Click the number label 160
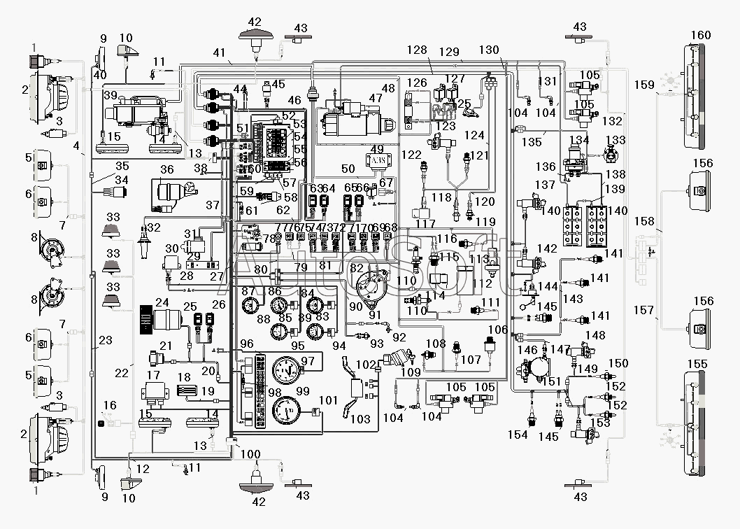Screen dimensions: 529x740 coord(700,36)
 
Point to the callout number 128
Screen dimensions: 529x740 coord(417,50)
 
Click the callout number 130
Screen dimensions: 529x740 coord(490,50)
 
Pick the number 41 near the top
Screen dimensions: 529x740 coord(220,52)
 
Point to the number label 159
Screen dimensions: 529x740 coord(644,85)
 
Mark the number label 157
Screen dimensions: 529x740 coord(644,310)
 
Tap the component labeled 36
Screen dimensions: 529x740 coord(171,192)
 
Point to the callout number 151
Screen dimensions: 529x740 coord(552,381)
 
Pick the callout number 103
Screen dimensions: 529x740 coord(360,419)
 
